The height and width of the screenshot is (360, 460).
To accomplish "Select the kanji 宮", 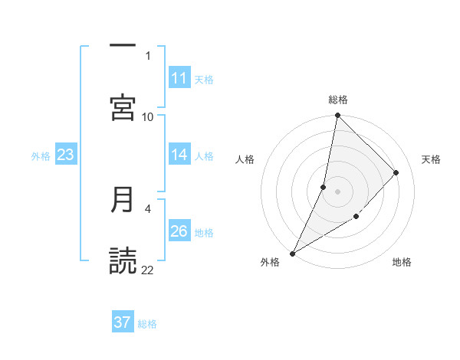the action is pos(123,108).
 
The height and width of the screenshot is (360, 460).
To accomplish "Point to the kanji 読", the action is pos(123,261).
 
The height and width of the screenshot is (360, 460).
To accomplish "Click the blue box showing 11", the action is pos(179,78).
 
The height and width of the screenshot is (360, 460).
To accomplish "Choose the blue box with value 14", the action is pos(179,155).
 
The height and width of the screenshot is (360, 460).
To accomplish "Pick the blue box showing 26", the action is pos(179,231).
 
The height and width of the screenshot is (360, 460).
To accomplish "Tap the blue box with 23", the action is pos(66,155).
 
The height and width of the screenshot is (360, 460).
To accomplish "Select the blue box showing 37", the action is pos(123,322).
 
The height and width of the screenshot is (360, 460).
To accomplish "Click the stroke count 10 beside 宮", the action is pos(148,116).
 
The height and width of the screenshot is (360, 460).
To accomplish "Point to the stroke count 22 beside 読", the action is pos(148,270).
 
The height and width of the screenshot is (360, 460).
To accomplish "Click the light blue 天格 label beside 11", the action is pos(204,79).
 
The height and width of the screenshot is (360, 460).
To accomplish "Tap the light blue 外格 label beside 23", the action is pos(41,155).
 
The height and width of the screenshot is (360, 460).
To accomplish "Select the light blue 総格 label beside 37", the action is pos(147,323).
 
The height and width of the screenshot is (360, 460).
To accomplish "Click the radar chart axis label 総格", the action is pos(338,100).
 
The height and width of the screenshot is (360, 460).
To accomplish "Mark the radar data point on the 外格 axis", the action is pos(293,253).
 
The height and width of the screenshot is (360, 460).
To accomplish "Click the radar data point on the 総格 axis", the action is pos(337,115).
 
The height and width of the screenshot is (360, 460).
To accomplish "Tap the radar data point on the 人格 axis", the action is pos(324,187).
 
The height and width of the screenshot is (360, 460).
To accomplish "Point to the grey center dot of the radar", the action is pos(337,191).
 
